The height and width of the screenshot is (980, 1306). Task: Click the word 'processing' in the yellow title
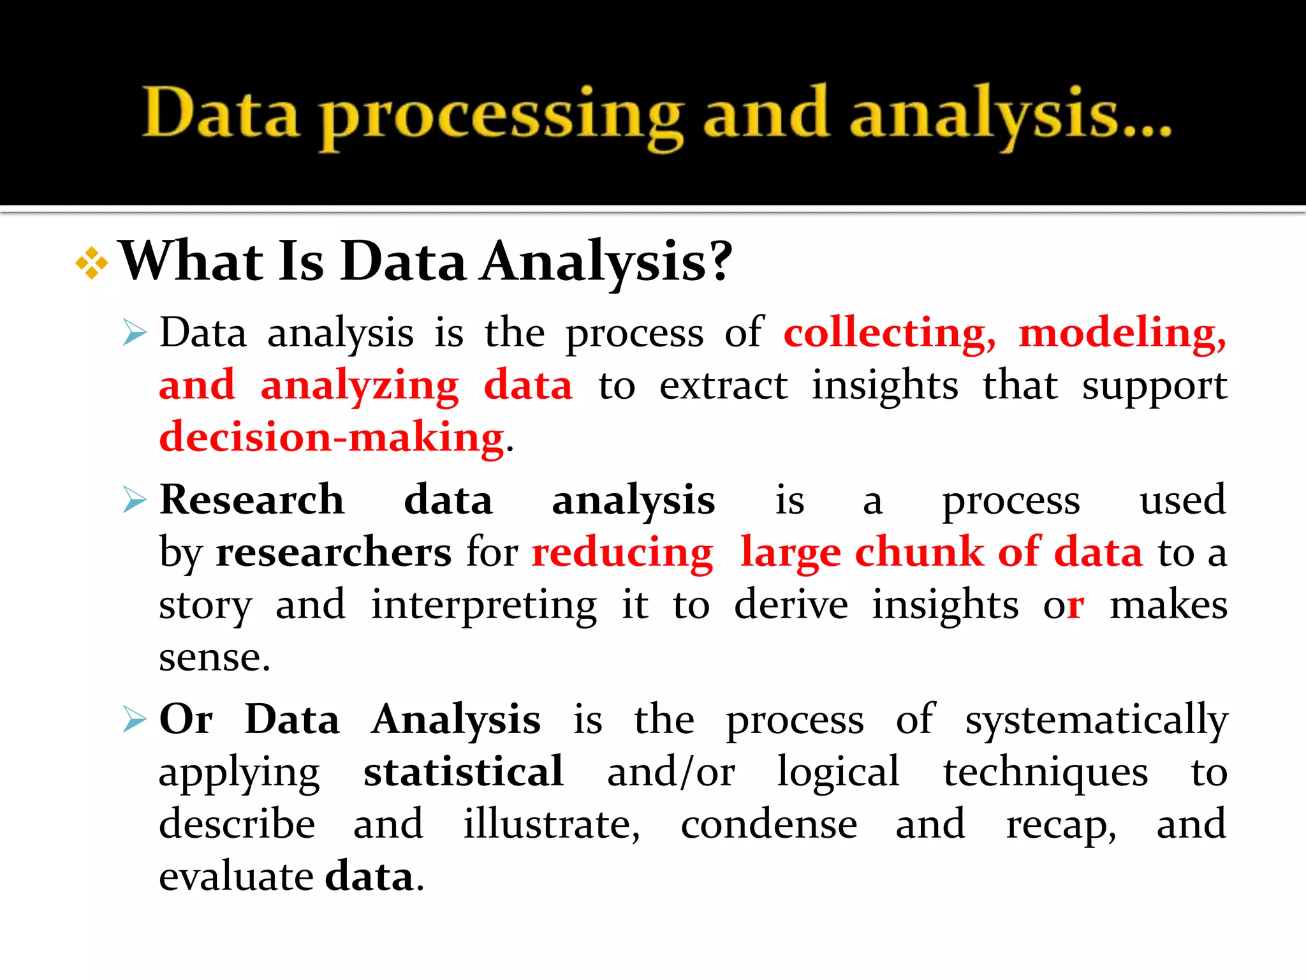click(501, 117)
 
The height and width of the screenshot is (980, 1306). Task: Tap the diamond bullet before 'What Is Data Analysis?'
click(92, 263)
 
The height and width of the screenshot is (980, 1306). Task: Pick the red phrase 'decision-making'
click(332, 438)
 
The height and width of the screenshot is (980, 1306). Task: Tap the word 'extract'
click(723, 385)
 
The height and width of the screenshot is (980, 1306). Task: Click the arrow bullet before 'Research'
click(135, 500)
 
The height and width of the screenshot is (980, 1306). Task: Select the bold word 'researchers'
click(334, 552)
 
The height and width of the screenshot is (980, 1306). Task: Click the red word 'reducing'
click(622, 553)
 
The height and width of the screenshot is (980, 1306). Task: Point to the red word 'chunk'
click(919, 552)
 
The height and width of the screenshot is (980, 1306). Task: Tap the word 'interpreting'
click(484, 605)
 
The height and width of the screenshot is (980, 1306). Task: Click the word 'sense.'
click(215, 657)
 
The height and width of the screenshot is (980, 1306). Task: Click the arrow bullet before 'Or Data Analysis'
click(135, 720)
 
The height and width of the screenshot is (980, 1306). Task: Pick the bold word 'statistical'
click(464, 772)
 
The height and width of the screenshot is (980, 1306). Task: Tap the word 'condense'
click(769, 824)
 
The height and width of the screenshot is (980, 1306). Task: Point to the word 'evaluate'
click(237, 877)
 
